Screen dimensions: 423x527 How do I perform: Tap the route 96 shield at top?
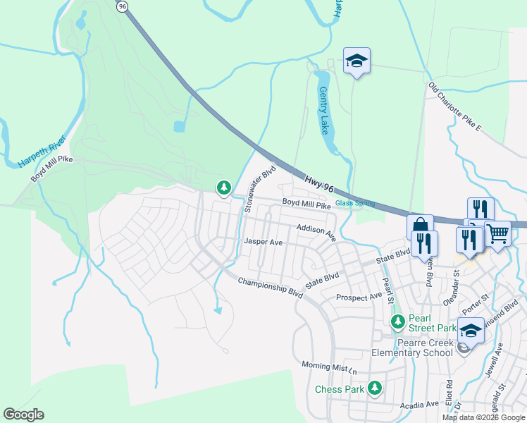pyautogui.click(x=123, y=6)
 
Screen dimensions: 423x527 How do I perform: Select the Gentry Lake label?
pyautogui.click(x=323, y=111)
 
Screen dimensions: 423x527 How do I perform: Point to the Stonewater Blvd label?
pyautogui.click(x=259, y=190)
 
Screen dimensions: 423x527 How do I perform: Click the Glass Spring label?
pyautogui.click(x=354, y=204)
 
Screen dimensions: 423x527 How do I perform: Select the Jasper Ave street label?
pyautogui.click(x=263, y=242)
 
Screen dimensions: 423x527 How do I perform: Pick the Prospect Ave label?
pyautogui.click(x=359, y=298)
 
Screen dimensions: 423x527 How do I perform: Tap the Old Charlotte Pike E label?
pyautogui.click(x=454, y=108)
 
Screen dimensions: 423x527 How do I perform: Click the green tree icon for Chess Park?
pyautogui.click(x=375, y=387)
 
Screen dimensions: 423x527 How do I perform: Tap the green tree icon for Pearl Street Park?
pyautogui.click(x=398, y=322)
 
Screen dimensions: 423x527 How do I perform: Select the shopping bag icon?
pyautogui.click(x=420, y=226)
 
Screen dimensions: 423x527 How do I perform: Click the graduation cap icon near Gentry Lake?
pyautogui.click(x=356, y=61)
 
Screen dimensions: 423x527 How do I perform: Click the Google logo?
pyautogui.click(x=23, y=415)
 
